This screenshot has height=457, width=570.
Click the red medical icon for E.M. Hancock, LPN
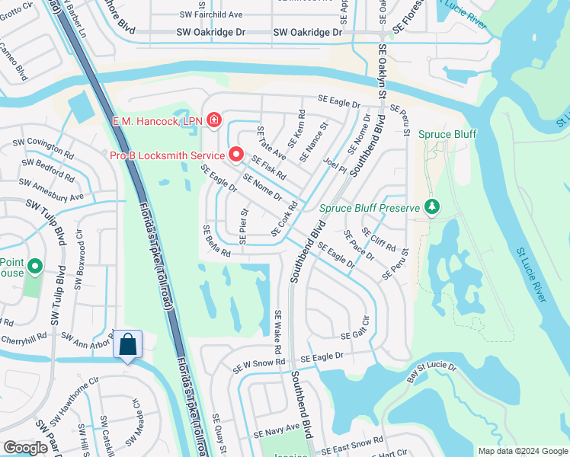pyautogui.click(x=213, y=120)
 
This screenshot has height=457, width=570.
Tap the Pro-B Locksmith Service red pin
pyautogui.click(x=235, y=155)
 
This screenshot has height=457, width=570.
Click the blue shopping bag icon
pyautogui.click(x=127, y=345)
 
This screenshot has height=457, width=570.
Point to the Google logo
pyautogui.click(x=25, y=448)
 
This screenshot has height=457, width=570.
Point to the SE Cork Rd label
pyautogui.click(x=284, y=219)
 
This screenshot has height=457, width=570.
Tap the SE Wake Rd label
pyautogui.click(x=279, y=332)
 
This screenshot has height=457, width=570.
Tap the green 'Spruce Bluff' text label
pyautogui.click(x=447, y=135)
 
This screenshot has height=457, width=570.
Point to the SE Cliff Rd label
pyautogui.click(x=379, y=239)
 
